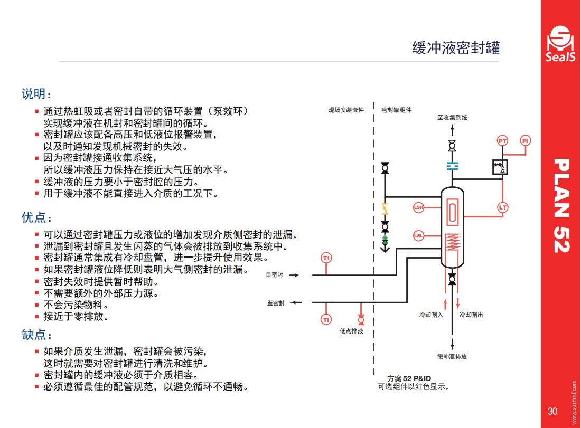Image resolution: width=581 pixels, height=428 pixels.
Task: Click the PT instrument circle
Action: pos(502,141)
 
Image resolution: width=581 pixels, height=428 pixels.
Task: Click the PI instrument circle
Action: pos(525,141)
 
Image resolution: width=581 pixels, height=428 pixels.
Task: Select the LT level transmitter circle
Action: pos(502,207)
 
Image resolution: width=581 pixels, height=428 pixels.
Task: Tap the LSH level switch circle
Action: pos(418,207)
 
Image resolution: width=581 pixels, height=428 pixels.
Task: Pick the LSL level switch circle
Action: pos(418,235)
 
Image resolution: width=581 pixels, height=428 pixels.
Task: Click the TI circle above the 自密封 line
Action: pos(326,258)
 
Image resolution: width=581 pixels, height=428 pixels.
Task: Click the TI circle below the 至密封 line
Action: pos(326,319)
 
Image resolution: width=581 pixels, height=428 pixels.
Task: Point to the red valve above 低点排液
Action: pos(361,319)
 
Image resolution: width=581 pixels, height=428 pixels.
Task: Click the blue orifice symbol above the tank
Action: pos(452,166)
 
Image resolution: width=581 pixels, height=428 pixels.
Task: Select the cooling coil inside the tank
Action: pos(453,242)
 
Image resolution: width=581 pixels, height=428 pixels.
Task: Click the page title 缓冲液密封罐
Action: pos(456,48)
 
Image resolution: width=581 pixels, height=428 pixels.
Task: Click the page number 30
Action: pos(552,411)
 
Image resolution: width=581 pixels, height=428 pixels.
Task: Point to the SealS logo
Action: pos(560,44)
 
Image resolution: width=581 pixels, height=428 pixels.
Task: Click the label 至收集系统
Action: pos(452,117)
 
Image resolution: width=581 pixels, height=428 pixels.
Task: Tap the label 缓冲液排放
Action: pos(452,356)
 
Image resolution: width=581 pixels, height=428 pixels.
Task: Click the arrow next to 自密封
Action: pos(295,275)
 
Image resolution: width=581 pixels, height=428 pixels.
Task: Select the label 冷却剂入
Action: pos(431,315)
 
